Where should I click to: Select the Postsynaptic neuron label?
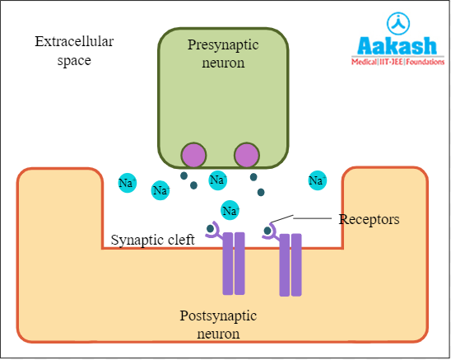[x=219, y=325]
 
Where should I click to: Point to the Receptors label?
[x=369, y=219]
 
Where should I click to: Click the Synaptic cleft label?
[x=153, y=241]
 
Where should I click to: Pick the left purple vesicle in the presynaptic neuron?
[x=194, y=154]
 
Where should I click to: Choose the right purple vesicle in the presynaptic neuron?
[x=246, y=154]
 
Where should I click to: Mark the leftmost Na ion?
[x=127, y=183]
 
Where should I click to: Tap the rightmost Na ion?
[x=317, y=180]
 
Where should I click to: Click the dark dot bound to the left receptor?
[x=212, y=229]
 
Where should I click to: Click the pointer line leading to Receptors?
[x=305, y=218]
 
